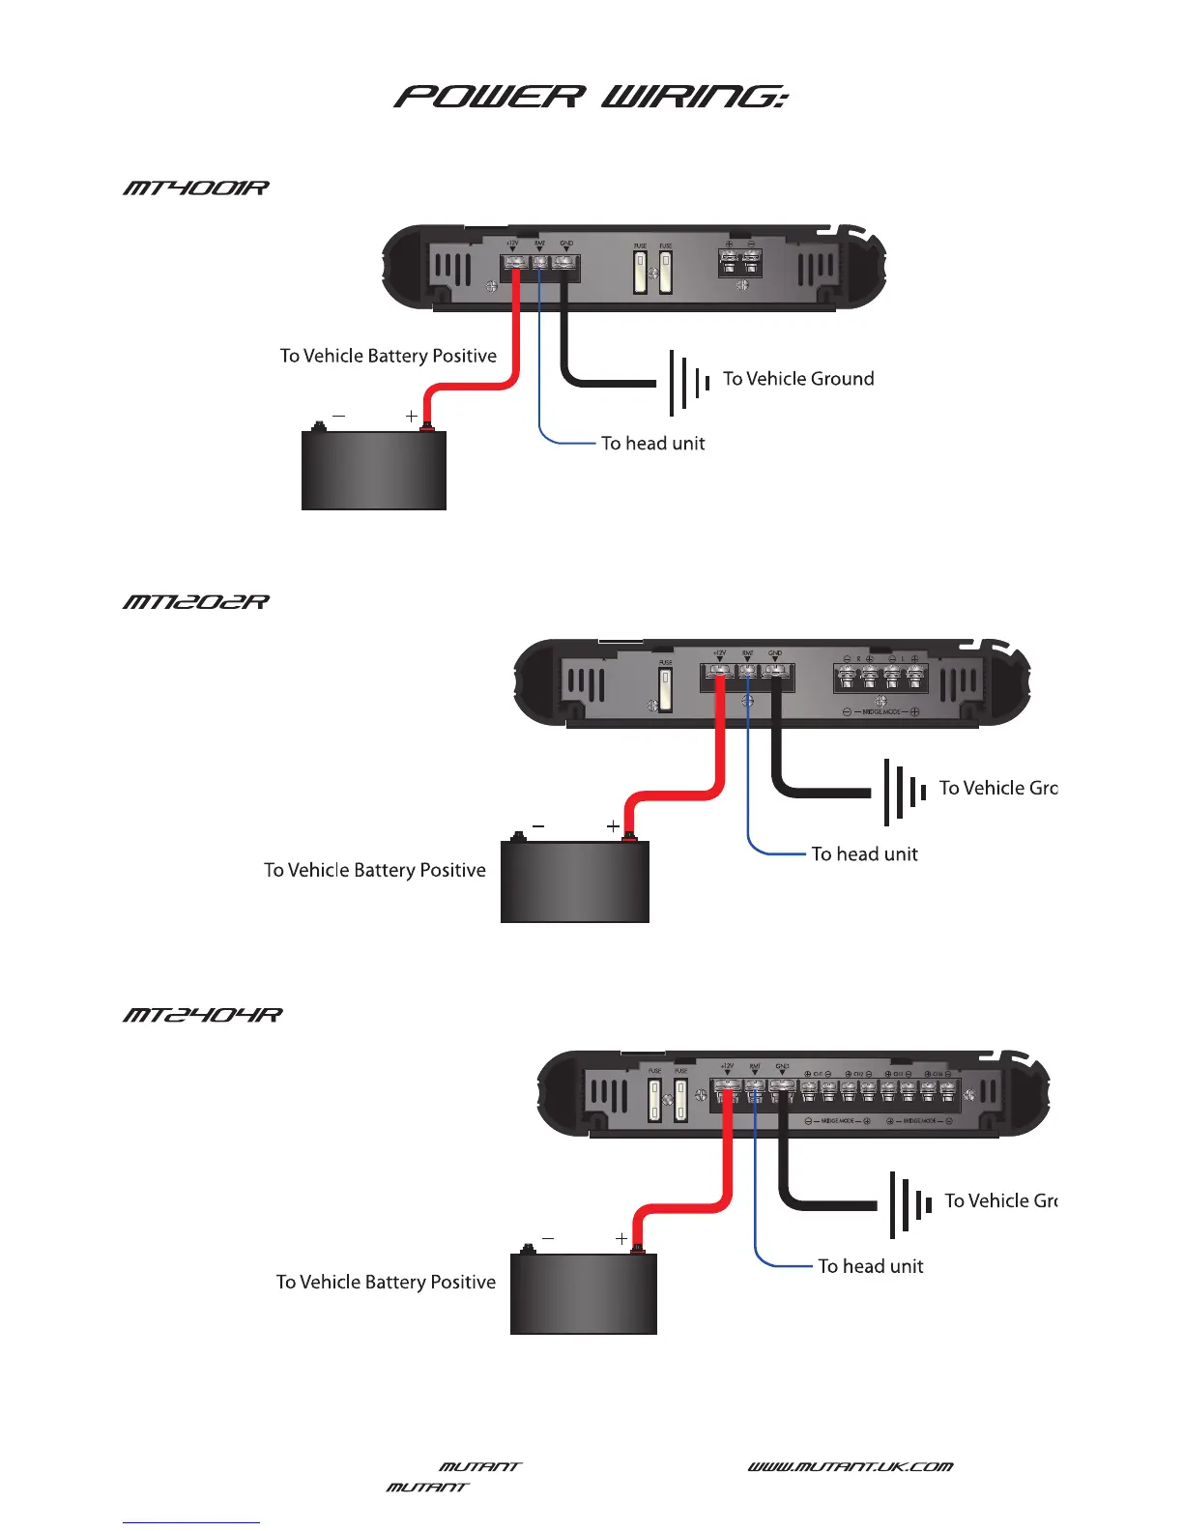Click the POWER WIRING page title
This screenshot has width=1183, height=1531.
591,97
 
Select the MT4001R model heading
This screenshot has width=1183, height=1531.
195,188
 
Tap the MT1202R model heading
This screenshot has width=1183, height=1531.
195,602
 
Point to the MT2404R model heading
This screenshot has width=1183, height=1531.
202,1015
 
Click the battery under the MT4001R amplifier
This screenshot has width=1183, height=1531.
374,470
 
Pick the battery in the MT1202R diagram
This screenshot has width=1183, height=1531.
574,881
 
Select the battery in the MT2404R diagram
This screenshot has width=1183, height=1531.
583,1293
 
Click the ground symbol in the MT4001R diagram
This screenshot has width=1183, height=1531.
688,381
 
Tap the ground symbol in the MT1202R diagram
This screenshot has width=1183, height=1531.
905,792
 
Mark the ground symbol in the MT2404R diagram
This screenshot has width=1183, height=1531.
909,1204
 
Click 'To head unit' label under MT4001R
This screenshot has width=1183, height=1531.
652,444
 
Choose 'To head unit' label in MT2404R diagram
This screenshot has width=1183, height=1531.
870,1266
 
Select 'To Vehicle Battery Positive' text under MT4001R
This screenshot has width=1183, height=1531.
388,356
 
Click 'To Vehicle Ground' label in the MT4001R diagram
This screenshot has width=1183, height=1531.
798,379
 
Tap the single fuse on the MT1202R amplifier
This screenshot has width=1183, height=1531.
665,689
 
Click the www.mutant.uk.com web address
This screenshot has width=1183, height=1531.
850,1466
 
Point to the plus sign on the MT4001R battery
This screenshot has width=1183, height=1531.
412,416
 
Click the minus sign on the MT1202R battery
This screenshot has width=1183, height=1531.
538,826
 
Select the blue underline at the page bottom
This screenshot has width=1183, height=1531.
191,1522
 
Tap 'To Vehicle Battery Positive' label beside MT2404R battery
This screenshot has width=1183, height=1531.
386,1282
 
